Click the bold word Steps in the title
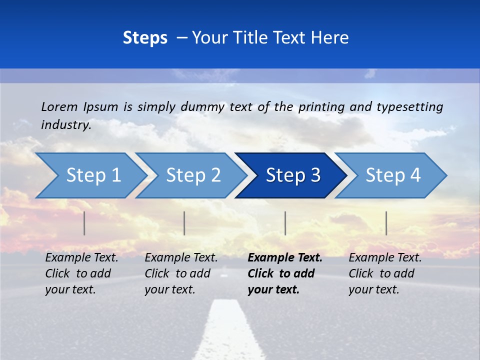click(x=145, y=38)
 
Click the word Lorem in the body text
click(x=59, y=106)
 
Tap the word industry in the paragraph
click(x=65, y=124)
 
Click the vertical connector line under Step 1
click(x=84, y=223)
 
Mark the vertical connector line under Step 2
click(x=184, y=223)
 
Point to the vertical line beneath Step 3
click(x=285, y=223)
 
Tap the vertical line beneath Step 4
click(x=386, y=223)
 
